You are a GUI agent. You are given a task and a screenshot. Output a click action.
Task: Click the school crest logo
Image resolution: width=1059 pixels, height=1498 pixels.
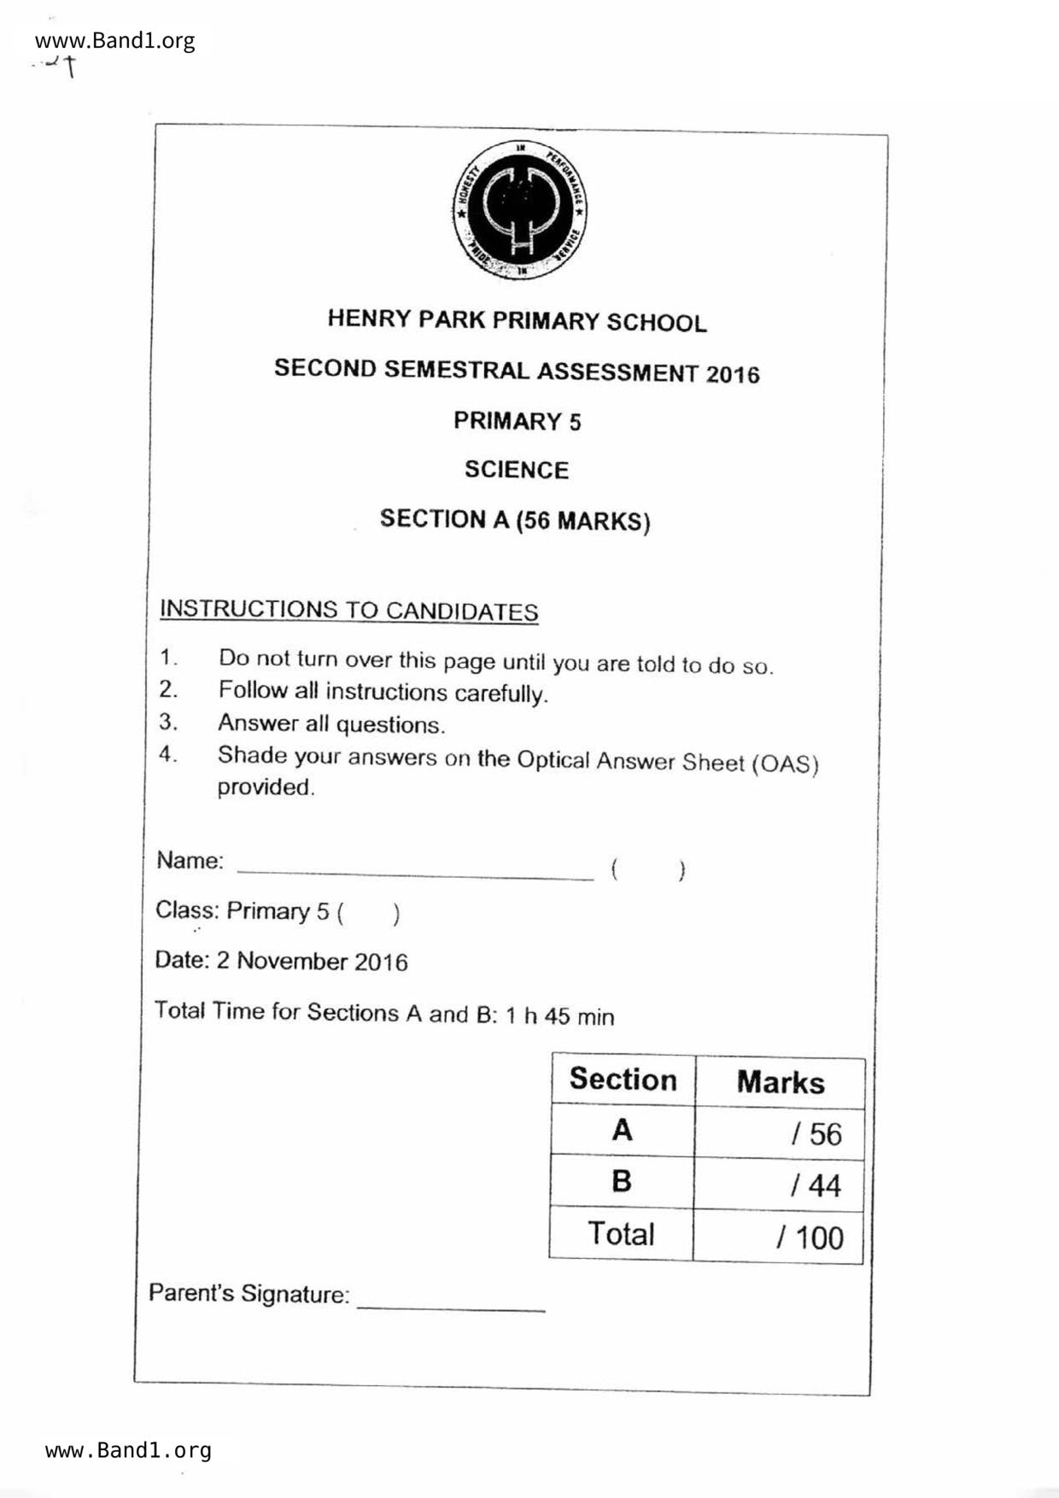[518, 211]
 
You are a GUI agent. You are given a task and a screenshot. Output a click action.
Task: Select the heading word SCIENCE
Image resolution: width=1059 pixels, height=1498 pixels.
[517, 470]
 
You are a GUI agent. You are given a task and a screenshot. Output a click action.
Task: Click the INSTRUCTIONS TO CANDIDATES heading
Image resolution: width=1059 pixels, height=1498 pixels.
[349, 611]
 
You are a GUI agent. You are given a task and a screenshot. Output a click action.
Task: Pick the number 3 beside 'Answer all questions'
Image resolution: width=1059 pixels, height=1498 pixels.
[167, 723]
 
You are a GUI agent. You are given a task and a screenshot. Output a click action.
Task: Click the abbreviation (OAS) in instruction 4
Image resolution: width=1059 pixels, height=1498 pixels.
[785, 763]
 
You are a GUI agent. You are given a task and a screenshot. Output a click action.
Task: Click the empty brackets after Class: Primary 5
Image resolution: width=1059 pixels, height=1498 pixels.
[368, 914]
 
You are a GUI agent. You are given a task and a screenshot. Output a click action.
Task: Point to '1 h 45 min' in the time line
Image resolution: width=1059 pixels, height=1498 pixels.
[559, 1016]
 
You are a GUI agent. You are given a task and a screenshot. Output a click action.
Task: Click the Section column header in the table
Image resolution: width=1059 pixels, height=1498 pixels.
[623, 1080]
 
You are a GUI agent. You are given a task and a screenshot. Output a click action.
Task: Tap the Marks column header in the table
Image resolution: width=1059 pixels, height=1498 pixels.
[780, 1082]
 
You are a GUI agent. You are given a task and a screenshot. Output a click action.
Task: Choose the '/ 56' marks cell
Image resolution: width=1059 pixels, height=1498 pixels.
[816, 1134]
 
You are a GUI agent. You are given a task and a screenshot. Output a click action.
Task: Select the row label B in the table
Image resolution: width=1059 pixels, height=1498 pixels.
[622, 1181]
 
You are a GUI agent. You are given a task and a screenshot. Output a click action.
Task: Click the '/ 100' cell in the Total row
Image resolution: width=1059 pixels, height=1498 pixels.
[809, 1238]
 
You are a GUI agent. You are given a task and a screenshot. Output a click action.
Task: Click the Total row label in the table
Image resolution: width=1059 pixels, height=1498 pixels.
[621, 1234]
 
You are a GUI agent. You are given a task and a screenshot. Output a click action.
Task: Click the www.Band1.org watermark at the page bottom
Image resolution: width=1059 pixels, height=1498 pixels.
[128, 1450]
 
